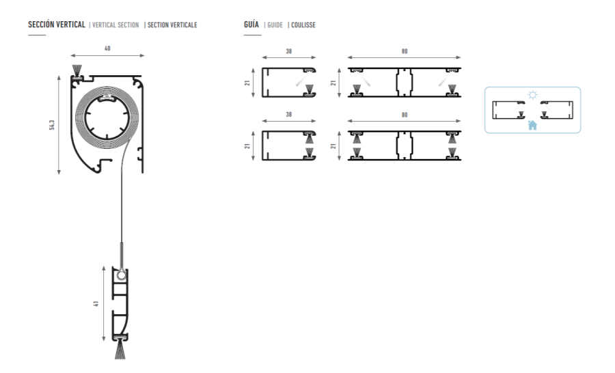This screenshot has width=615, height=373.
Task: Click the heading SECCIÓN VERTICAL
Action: coord(57,25)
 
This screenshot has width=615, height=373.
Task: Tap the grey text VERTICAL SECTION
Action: coord(115,25)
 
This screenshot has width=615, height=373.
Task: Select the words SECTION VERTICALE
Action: coord(172,25)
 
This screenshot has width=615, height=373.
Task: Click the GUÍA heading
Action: coord(251,25)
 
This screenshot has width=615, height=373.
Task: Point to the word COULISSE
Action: coord(303,25)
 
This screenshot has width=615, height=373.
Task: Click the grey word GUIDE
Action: coord(275,25)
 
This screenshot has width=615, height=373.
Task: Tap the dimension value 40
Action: coord(107,49)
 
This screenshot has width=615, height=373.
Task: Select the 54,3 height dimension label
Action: coord(52,125)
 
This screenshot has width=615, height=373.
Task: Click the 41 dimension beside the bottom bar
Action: coord(96,303)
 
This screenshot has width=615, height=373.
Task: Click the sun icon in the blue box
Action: coord(532,95)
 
